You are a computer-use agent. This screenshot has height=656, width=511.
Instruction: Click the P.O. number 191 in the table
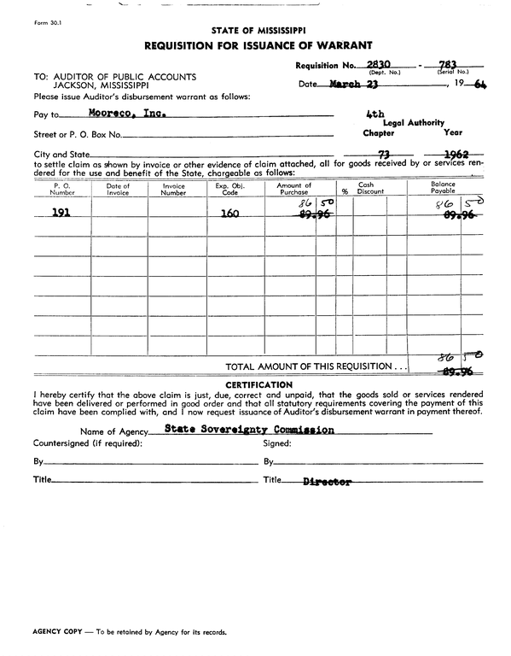(x=61, y=214)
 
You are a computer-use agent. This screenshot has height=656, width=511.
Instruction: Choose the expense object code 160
(x=229, y=214)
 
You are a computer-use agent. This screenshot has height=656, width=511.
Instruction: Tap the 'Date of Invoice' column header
(x=118, y=190)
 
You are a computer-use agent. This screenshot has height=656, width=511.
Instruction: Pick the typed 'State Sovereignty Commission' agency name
(x=249, y=430)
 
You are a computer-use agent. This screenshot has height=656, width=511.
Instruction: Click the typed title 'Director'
(x=328, y=483)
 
